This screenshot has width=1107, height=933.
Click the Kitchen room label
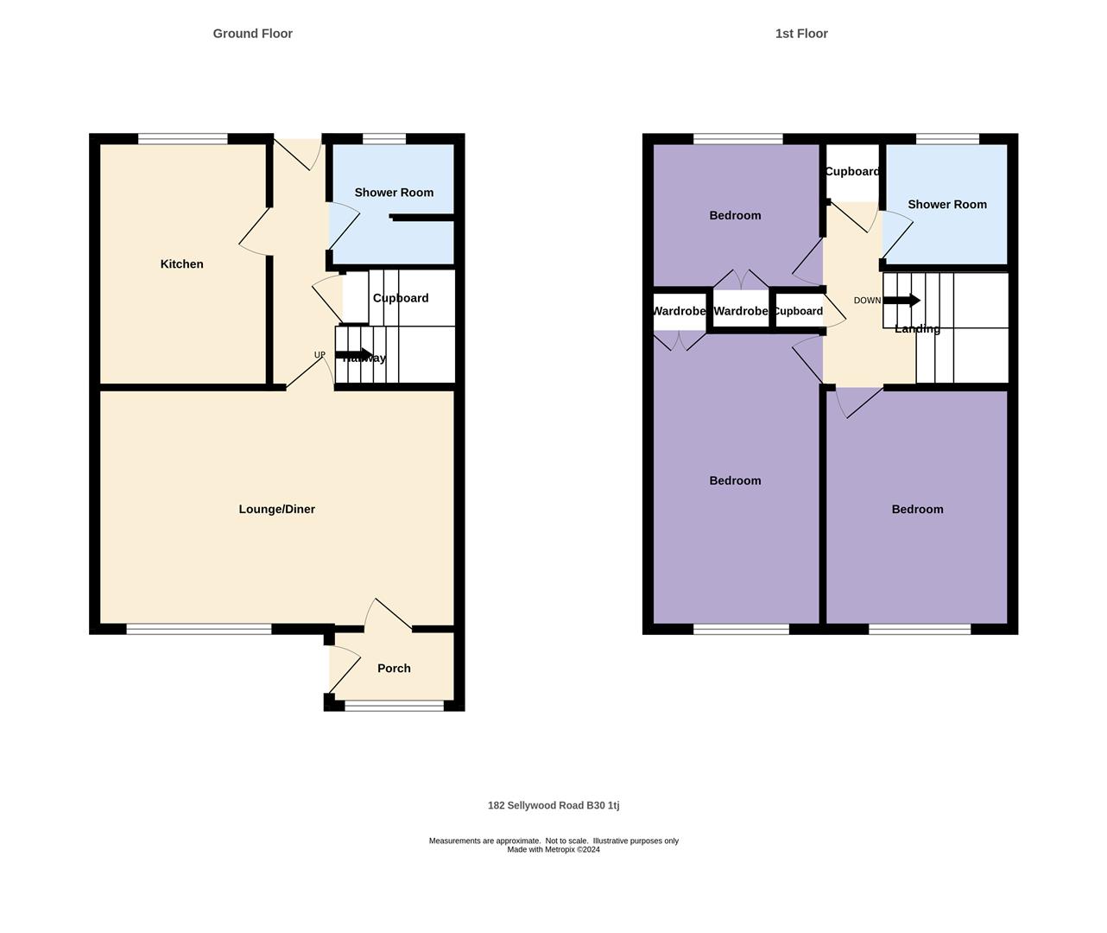[x=181, y=264]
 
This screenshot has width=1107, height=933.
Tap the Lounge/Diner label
[x=276, y=510]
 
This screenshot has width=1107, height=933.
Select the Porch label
[x=394, y=669]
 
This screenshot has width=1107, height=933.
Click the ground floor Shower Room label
[x=394, y=193]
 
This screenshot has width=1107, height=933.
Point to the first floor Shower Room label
[x=946, y=205]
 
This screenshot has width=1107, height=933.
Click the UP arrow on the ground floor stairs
[x=355, y=354]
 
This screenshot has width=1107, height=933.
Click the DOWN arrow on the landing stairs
[x=901, y=301]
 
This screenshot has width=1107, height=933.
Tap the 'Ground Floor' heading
[x=252, y=34]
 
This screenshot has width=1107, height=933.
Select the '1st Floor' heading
[x=800, y=34]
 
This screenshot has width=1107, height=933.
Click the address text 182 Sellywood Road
[x=553, y=806]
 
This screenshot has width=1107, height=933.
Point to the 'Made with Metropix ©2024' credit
[x=553, y=850]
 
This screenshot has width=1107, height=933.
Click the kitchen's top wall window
[x=182, y=138]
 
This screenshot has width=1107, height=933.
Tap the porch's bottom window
[x=394, y=706]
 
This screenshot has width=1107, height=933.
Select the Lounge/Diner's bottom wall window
[x=199, y=629]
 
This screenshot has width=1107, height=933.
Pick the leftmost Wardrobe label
[x=679, y=311]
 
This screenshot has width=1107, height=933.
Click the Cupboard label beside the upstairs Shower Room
[x=851, y=172]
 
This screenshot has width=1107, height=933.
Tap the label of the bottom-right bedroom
[x=917, y=510]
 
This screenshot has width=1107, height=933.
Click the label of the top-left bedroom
[x=735, y=216]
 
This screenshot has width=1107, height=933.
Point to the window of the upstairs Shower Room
[x=947, y=138]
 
